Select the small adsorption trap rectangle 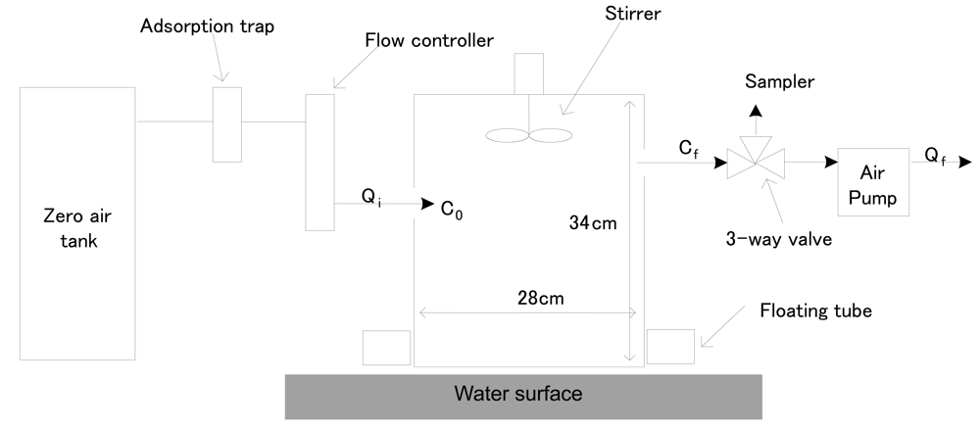[x=227, y=123]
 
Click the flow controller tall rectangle [x=319, y=162]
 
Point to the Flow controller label [x=429, y=40]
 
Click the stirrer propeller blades [x=527, y=136]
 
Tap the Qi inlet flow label [x=371, y=197]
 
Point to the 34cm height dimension [x=593, y=222]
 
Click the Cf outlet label [x=691, y=149]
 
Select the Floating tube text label [x=816, y=311]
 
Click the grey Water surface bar [x=523, y=395]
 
